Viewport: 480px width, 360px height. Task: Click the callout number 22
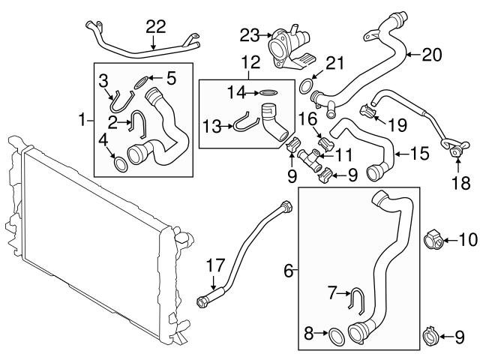pos(155,26)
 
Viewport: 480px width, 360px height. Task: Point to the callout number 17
pos(215,264)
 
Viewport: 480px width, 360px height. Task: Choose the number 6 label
pos(289,268)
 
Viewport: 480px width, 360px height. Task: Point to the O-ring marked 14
pos(268,93)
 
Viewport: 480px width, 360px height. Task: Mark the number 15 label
pos(419,155)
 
